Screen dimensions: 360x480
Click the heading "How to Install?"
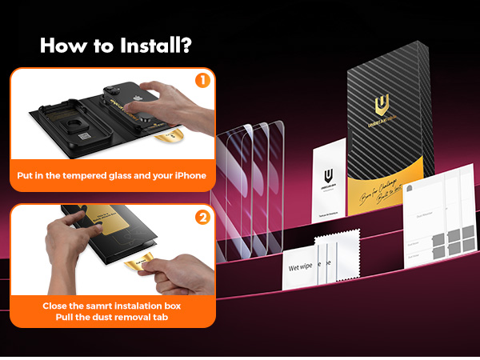(115, 46)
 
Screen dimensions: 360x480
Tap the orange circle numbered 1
(202, 80)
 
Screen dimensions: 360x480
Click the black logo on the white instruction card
(328, 177)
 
